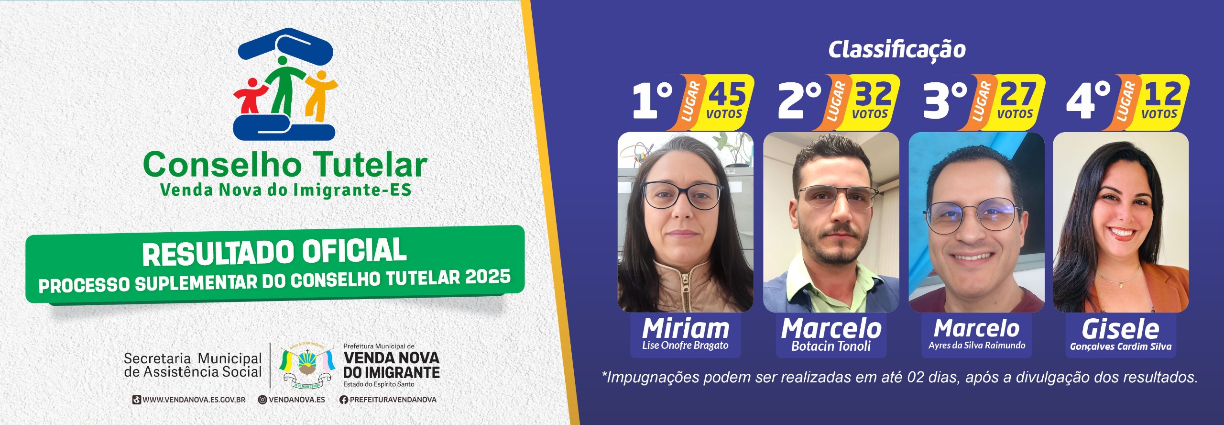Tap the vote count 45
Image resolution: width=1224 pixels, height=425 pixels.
(727, 94)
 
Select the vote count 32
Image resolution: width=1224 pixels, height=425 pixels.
(873, 94)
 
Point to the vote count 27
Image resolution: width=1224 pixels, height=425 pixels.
(1018, 94)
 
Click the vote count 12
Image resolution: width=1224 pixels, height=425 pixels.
(1163, 94)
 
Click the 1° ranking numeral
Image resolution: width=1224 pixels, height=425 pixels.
(653, 100)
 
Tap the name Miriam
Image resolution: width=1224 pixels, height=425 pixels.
(686, 328)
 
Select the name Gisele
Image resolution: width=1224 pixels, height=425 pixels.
(1120, 329)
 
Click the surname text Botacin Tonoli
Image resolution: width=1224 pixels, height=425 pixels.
(831, 346)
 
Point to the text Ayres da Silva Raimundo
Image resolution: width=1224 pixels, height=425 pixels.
(977, 346)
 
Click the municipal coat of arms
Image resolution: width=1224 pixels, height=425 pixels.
(306, 366)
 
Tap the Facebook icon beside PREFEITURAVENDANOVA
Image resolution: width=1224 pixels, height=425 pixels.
(343, 400)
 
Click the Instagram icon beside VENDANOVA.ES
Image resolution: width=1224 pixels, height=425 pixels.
(262, 400)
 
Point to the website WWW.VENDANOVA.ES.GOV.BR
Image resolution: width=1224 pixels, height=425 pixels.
(194, 400)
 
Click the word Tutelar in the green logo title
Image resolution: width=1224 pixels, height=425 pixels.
(370, 165)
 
